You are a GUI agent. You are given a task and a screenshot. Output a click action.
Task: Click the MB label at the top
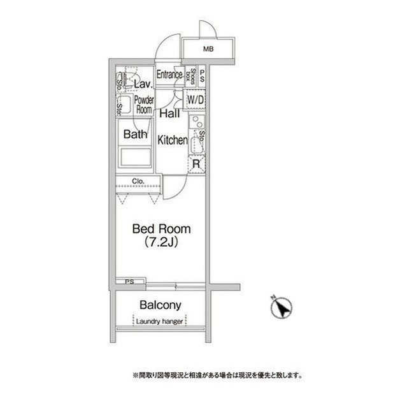click(x=208, y=49)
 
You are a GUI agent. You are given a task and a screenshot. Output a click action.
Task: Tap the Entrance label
click(x=170, y=75)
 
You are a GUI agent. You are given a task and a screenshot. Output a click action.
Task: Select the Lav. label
click(x=141, y=84)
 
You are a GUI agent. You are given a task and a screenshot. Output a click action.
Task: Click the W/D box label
click(x=195, y=100)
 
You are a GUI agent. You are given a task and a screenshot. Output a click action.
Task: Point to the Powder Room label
click(x=144, y=105)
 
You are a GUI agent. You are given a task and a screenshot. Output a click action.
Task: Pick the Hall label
click(x=169, y=114)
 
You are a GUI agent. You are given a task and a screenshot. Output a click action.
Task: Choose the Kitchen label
click(x=172, y=140)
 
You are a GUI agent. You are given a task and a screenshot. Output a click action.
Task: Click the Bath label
click(x=135, y=135)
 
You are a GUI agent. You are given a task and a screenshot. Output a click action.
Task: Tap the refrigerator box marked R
click(x=197, y=164)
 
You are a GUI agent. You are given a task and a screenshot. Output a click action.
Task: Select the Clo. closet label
click(x=139, y=181)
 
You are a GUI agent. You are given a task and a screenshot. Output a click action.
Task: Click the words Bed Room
click(x=161, y=228)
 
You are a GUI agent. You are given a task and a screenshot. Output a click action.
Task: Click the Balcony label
click(x=161, y=305)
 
